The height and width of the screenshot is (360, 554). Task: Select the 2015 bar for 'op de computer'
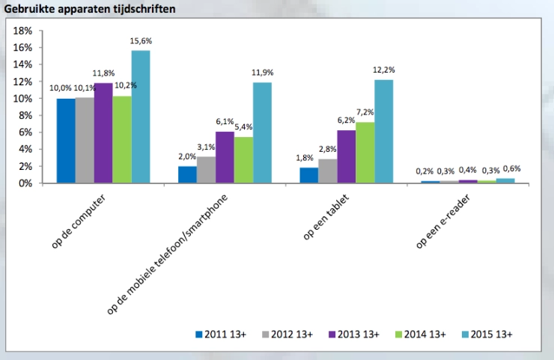click(140, 117)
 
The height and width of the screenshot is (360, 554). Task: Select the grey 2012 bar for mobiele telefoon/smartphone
click(206, 170)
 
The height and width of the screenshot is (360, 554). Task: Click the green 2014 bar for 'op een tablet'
click(365, 153)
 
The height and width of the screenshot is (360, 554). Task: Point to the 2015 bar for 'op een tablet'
click(383, 131)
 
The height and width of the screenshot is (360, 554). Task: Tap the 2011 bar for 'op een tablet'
click(309, 175)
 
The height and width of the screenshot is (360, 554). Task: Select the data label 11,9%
click(262, 73)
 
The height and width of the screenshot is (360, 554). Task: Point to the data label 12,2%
click(383, 70)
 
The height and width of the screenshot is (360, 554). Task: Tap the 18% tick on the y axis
click(23, 31)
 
